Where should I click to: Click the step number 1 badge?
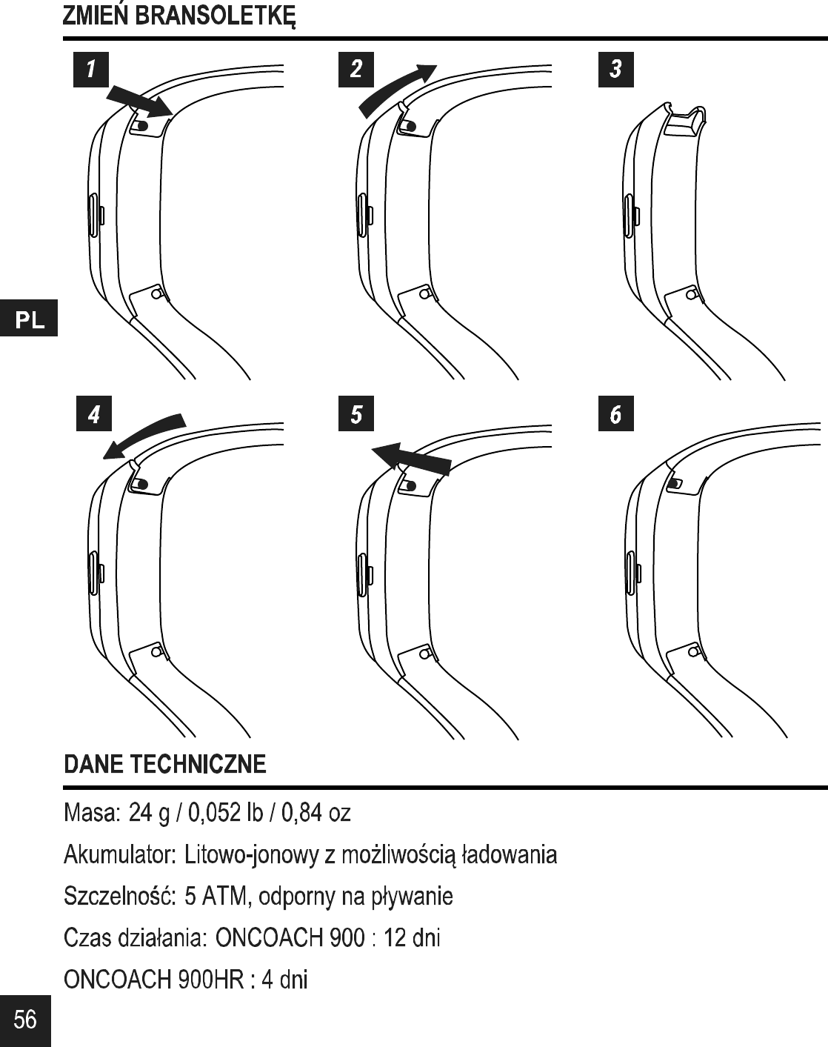click(91, 70)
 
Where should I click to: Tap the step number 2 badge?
click(356, 70)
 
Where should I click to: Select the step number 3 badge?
click(615, 70)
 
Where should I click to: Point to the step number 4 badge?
click(93, 414)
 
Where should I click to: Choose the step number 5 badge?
click(356, 414)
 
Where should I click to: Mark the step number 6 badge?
click(615, 414)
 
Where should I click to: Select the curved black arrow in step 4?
click(144, 435)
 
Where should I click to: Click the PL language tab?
click(29, 319)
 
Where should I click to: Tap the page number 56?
click(25, 1020)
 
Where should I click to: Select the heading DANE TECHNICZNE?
click(165, 764)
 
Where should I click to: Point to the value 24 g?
click(148, 813)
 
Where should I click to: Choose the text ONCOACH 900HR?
click(153, 980)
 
